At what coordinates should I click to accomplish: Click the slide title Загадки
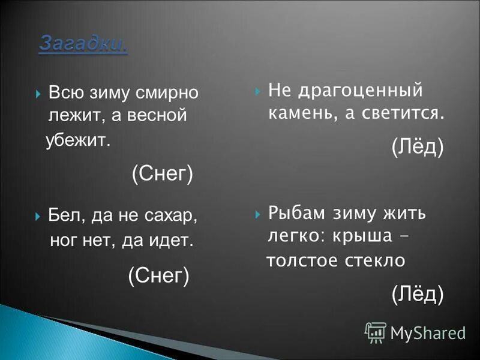pyautogui.click(x=83, y=44)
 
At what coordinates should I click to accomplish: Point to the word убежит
pyautogui.click(x=78, y=141)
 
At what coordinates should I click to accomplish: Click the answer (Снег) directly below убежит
pyautogui.click(x=162, y=175)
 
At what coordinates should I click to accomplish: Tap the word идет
pyautogui.click(x=175, y=241)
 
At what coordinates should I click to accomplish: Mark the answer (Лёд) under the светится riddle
pyautogui.click(x=418, y=146)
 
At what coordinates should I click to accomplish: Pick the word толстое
pyautogui.click(x=302, y=261)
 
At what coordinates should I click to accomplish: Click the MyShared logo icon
pyautogui.click(x=376, y=332)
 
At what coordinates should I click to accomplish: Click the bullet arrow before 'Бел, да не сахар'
pyautogui.click(x=38, y=215)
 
